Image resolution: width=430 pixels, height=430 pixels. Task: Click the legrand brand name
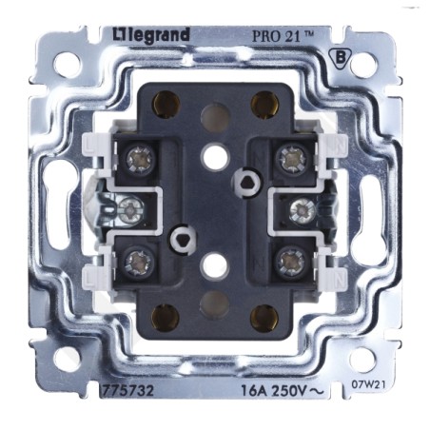pos(151,35)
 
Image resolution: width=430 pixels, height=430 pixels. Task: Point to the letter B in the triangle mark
pos(341,58)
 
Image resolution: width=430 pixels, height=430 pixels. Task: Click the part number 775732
pos(127,390)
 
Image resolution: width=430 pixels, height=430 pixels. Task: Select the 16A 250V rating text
pos(283,391)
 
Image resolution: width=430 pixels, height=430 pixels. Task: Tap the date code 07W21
pos(368,384)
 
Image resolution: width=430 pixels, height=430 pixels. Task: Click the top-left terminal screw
pos(141,159)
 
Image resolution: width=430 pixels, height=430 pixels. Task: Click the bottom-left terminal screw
pos(139,263)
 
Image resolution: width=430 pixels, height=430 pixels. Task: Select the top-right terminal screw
pos(291,159)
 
